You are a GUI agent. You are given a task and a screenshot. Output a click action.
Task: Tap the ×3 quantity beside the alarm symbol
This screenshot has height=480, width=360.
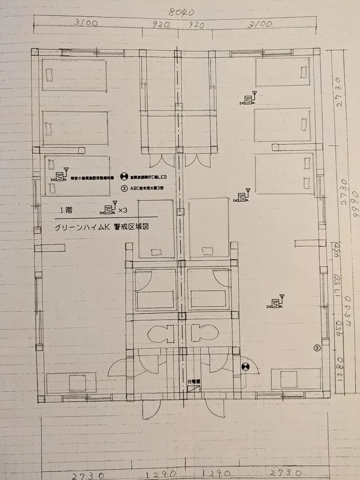(x=123, y=210)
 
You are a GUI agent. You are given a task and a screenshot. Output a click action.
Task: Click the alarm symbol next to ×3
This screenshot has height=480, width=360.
(x=108, y=209)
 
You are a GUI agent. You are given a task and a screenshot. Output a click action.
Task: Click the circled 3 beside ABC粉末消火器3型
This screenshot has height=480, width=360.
(x=123, y=188)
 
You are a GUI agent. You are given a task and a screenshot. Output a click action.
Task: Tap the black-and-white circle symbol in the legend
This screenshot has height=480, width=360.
(x=123, y=176)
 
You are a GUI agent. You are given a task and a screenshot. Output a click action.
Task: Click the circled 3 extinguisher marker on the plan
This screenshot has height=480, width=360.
(x=316, y=347)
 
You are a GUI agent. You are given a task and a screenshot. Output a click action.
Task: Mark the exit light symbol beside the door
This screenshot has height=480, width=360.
(x=245, y=368)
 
